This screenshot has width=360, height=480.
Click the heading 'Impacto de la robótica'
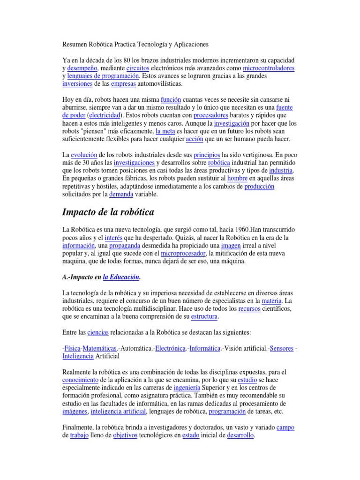(x=108, y=212)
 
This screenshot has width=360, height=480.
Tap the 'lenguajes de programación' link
(x=103, y=76)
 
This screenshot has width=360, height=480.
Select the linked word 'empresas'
(x=123, y=84)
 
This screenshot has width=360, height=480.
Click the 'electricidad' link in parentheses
(x=104, y=115)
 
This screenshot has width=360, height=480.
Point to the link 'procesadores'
(x=211, y=115)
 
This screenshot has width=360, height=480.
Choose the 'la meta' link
(x=165, y=131)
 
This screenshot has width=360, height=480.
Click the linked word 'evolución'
(x=85, y=155)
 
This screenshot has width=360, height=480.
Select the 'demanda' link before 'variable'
(x=121, y=194)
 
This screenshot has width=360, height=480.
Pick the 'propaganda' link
(x=128, y=246)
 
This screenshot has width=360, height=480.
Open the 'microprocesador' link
(x=183, y=254)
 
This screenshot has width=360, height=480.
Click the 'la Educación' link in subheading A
(x=121, y=277)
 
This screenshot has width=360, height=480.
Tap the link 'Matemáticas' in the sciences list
(x=99, y=348)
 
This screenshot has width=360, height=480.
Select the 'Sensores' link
(x=282, y=348)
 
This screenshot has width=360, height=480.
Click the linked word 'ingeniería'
(x=187, y=388)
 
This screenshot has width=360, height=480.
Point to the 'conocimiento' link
(x=80, y=380)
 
